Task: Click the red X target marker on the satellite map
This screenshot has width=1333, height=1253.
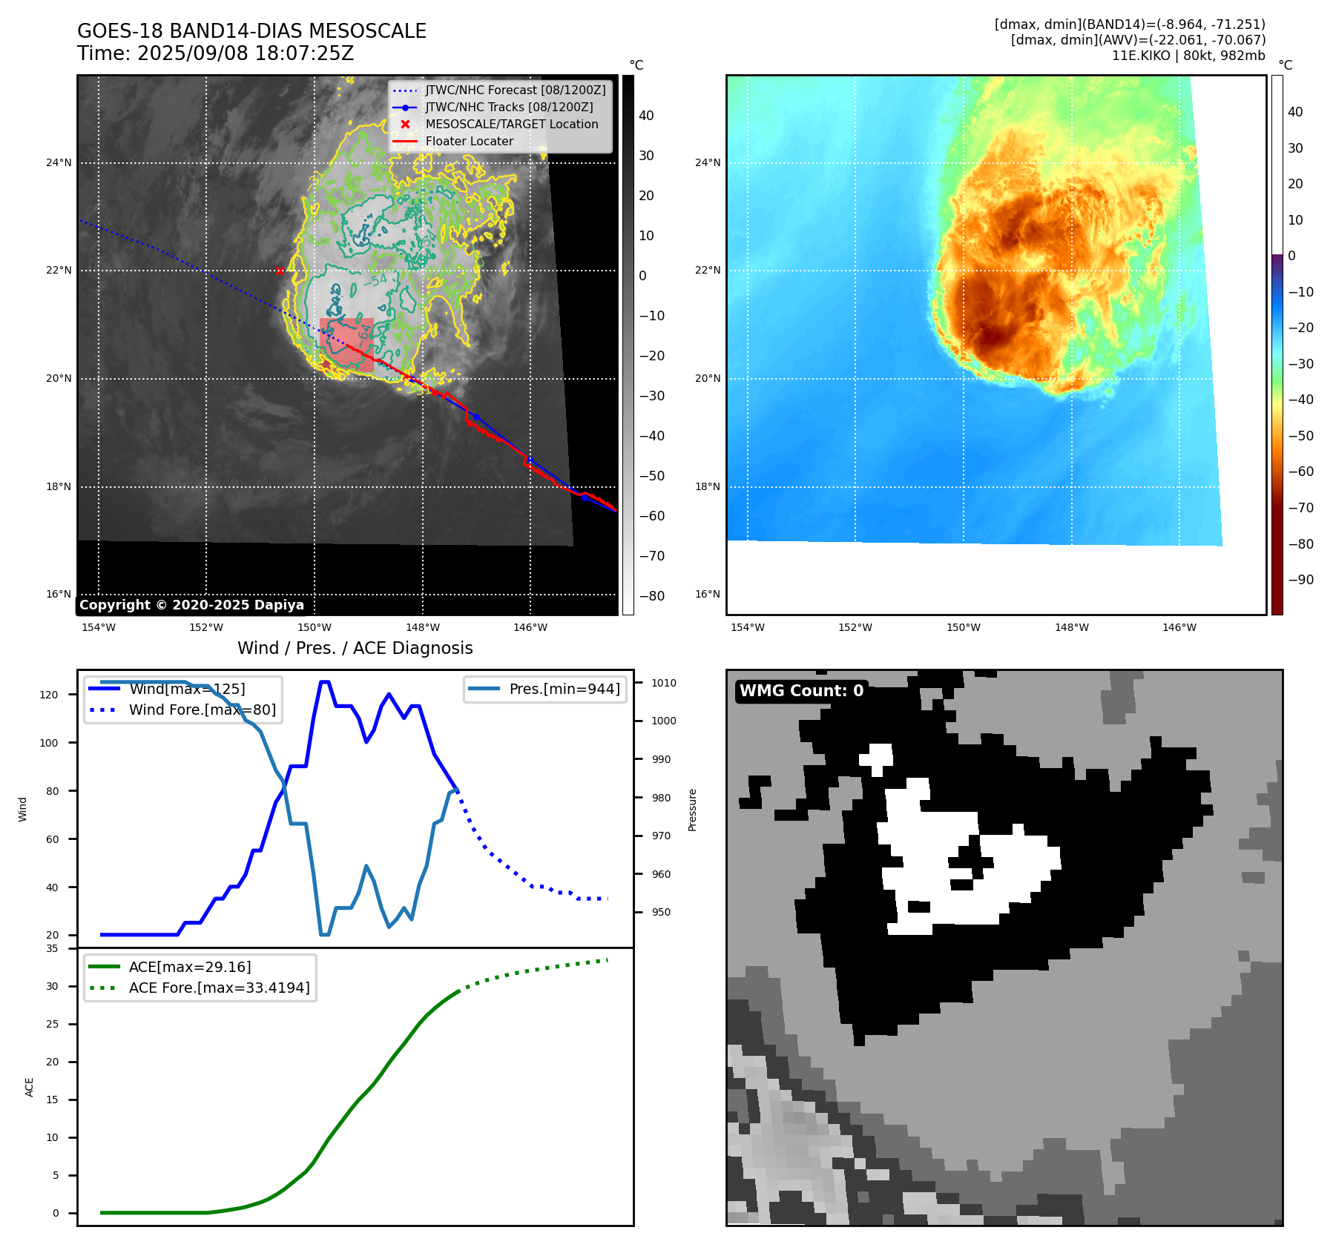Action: click(280, 271)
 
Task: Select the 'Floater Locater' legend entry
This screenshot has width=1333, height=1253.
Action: click(469, 142)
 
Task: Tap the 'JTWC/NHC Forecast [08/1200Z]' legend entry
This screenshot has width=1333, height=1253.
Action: click(515, 90)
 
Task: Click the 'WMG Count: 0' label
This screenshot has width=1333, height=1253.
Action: click(801, 691)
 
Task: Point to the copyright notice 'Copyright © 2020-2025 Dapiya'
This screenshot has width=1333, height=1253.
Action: click(191, 605)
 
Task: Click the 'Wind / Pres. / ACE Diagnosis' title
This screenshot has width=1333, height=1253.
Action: click(355, 648)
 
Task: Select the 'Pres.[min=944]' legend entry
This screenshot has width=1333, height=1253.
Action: click(564, 689)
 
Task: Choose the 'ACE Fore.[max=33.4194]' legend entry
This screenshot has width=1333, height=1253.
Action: click(219, 988)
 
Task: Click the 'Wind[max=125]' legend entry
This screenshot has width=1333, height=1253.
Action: click(186, 689)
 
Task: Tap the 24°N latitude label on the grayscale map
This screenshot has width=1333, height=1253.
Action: click(59, 163)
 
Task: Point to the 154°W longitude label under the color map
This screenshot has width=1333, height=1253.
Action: click(747, 628)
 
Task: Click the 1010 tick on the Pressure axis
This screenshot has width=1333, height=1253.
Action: click(664, 683)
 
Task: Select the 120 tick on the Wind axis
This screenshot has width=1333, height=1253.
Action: click(49, 695)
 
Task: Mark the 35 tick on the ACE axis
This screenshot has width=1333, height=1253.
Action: click(52, 948)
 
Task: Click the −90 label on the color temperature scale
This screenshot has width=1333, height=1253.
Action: click(1300, 580)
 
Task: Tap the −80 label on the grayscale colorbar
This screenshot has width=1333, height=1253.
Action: click(652, 596)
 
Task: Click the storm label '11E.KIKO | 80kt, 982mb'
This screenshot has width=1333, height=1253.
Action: click(1188, 56)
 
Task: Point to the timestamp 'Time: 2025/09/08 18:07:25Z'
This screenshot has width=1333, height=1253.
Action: click(215, 53)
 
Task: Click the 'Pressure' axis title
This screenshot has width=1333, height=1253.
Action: click(692, 810)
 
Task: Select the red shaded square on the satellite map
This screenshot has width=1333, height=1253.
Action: click(346, 345)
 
